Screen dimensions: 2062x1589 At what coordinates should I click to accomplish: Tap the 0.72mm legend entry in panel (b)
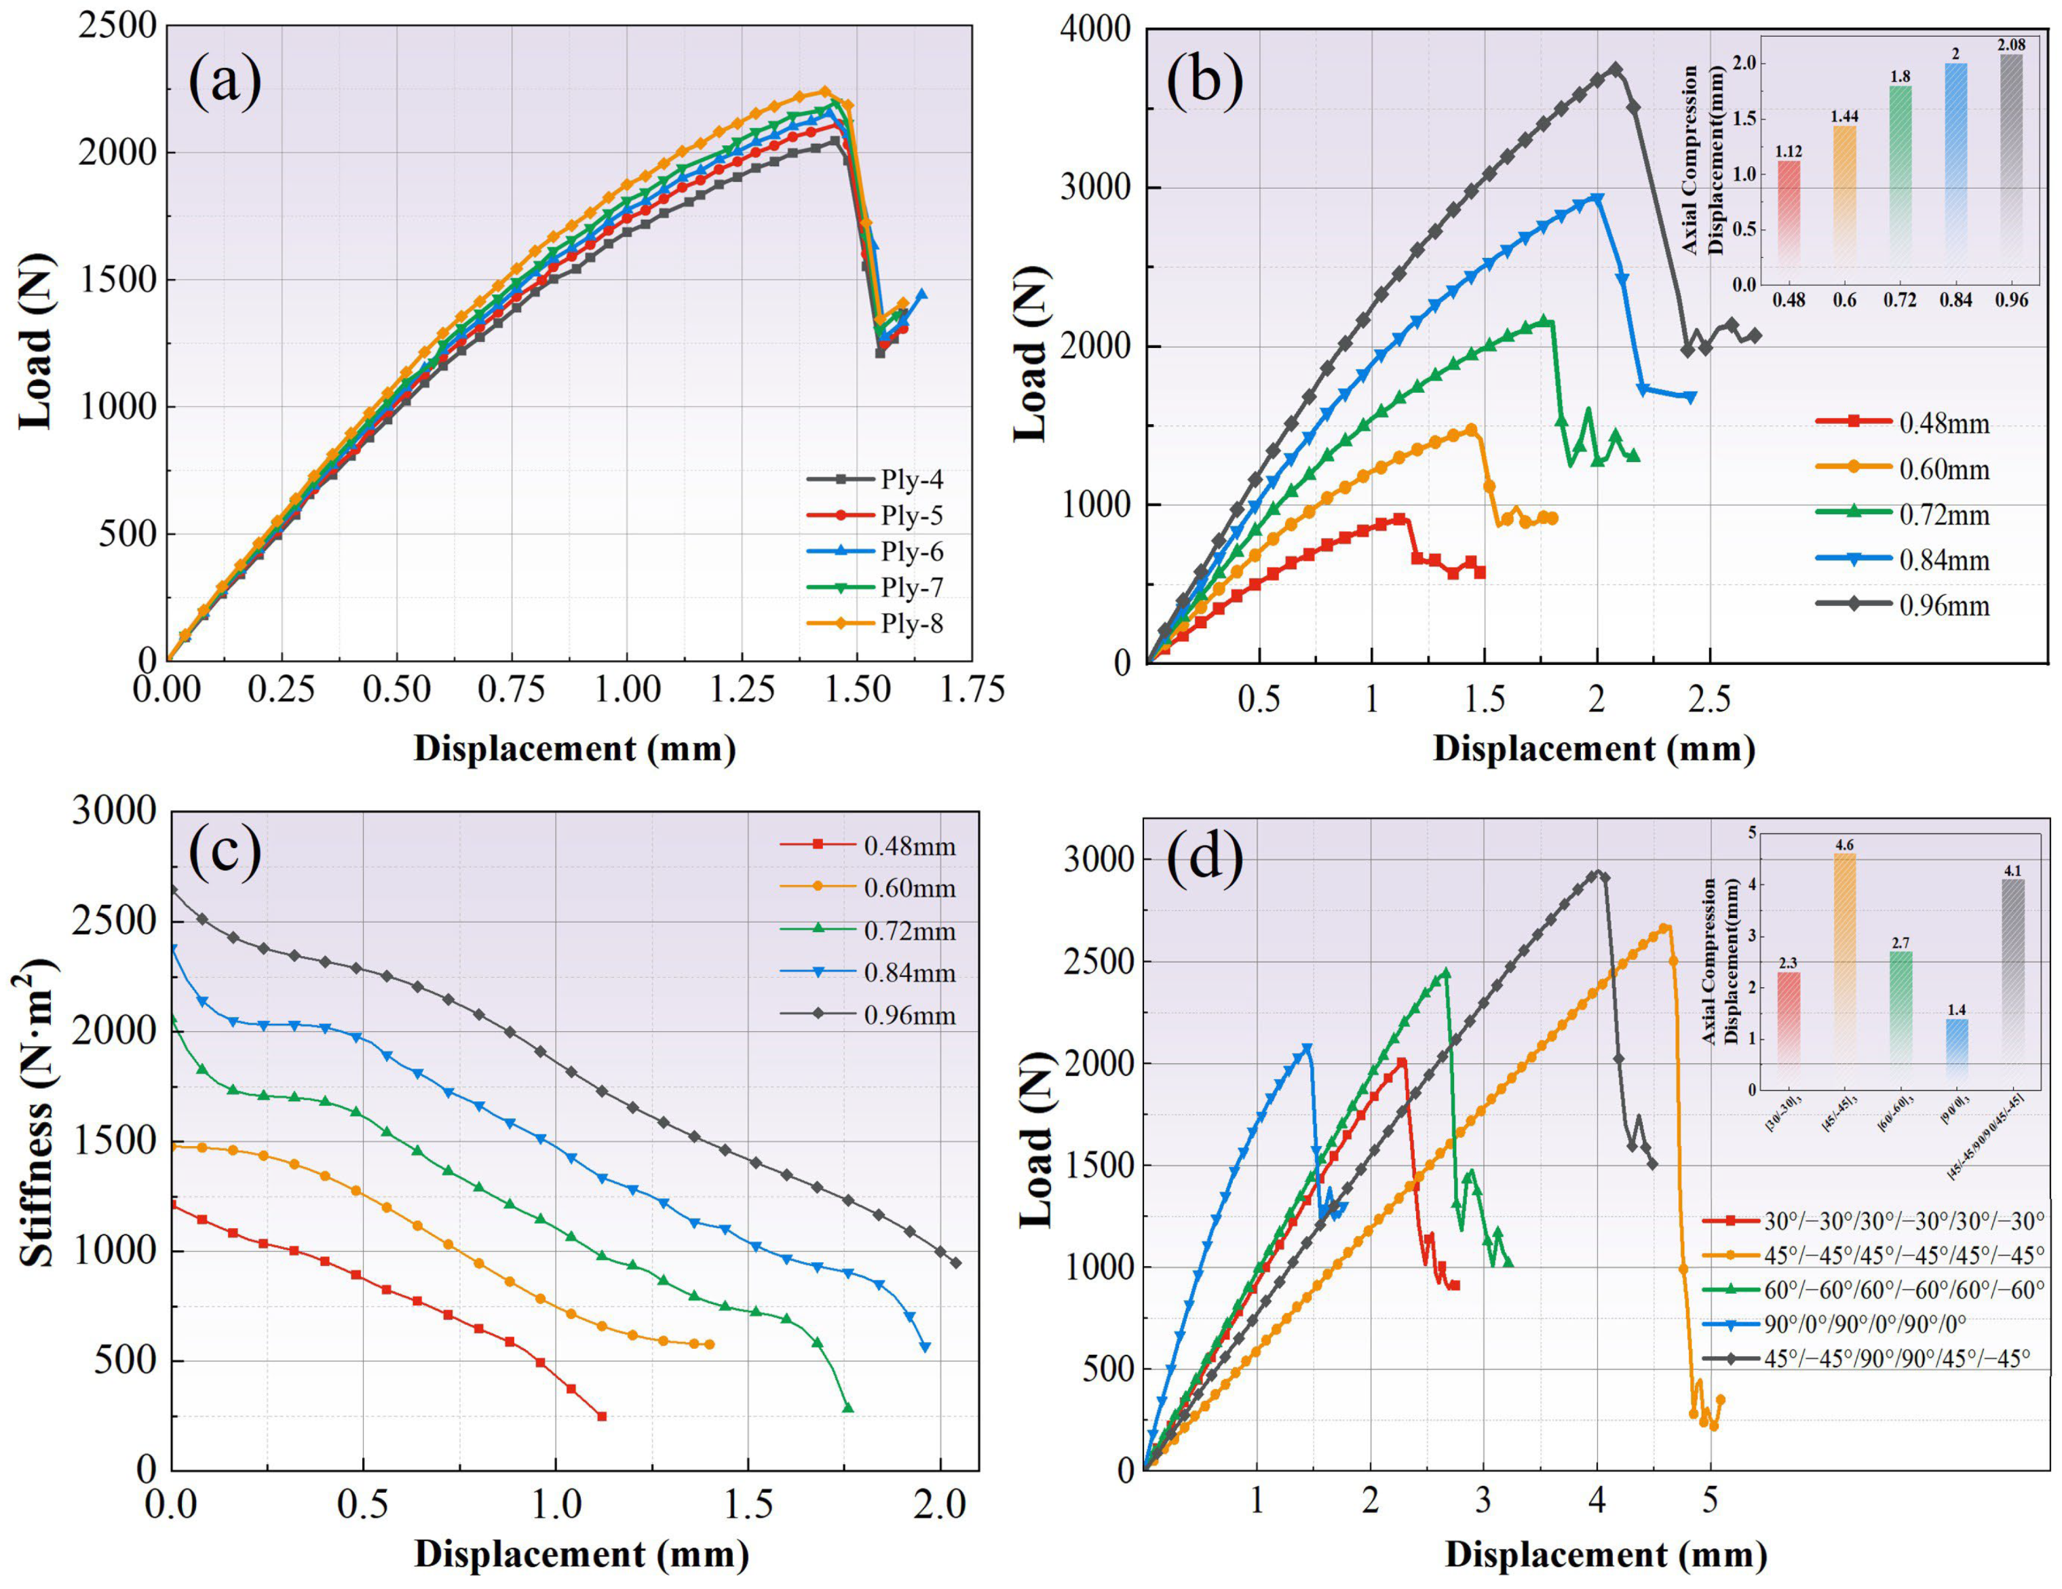click(1903, 514)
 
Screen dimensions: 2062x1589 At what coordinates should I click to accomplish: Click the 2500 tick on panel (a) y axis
click(117, 26)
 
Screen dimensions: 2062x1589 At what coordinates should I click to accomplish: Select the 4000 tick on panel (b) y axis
click(1095, 28)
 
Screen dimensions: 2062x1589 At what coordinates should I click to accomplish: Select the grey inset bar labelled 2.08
click(2011, 169)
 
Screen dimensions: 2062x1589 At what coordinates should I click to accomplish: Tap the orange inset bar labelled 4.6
click(1844, 972)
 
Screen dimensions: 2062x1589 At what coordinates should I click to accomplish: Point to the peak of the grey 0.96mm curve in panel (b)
click(1616, 69)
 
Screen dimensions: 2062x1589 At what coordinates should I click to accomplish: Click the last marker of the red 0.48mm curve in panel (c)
click(601, 1416)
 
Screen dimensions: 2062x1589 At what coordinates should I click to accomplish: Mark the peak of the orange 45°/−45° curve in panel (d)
click(1664, 928)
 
